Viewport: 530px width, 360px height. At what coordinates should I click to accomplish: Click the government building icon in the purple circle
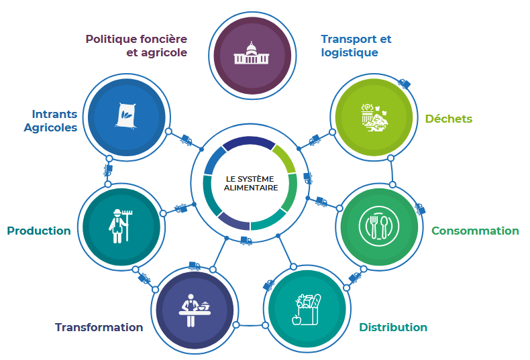tap(251, 54)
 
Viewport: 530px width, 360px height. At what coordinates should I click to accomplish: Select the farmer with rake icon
tap(119, 224)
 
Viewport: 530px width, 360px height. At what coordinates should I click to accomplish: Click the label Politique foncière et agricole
tap(136, 46)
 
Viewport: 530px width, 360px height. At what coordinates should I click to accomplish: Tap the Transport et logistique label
tap(356, 46)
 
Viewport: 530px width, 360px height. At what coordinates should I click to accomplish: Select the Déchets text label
tap(448, 119)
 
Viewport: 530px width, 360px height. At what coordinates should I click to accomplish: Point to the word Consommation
tap(475, 231)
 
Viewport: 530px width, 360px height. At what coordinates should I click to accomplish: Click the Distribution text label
tap(392, 327)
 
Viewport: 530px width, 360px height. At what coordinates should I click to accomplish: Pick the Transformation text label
tap(99, 327)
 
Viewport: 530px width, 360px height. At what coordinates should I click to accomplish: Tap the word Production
tap(39, 231)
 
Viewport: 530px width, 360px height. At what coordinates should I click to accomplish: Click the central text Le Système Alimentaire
tap(251, 183)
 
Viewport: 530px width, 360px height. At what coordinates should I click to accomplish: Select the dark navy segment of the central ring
tap(248, 142)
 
